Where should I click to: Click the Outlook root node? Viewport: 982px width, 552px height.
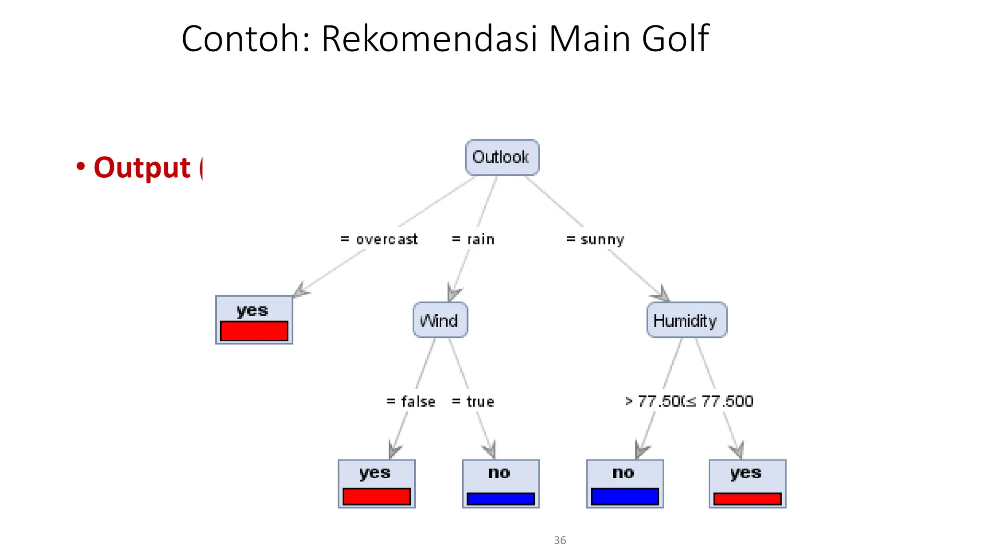point(502,157)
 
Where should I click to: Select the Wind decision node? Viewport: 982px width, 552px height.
point(440,320)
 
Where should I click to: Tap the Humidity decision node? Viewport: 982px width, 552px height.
point(686,320)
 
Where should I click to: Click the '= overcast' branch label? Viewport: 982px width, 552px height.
point(379,239)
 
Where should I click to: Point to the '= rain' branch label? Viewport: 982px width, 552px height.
point(473,239)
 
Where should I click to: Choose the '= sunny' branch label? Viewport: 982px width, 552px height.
point(595,239)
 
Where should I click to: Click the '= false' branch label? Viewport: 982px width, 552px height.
point(411,401)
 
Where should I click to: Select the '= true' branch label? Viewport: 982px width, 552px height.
point(473,401)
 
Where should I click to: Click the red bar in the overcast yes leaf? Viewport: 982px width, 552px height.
point(254,331)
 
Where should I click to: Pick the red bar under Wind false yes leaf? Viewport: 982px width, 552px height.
point(376,496)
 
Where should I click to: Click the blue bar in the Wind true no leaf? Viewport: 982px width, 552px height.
point(500,499)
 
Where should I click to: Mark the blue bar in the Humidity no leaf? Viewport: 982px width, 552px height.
point(624,496)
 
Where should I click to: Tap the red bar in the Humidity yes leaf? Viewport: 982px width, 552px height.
point(747,499)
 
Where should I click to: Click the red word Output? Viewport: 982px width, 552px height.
point(142,168)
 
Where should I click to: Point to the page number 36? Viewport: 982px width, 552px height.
point(560,540)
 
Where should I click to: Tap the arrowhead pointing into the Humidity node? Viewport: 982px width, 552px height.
point(662,294)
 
